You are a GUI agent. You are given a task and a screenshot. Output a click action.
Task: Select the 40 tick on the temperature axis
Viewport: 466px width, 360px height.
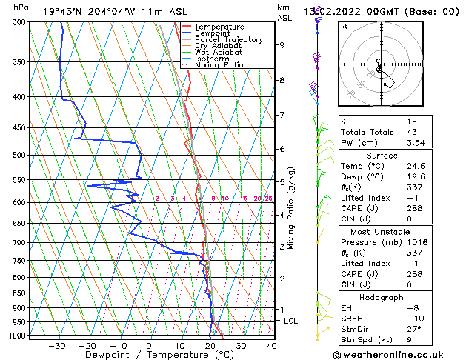pos(271,345)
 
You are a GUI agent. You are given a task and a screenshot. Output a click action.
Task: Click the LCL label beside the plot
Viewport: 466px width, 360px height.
pos(291,321)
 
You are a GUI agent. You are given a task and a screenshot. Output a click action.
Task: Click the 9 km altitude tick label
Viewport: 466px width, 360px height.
pos(282,45)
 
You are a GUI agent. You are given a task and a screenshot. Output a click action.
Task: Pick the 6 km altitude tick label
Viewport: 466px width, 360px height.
pos(282,149)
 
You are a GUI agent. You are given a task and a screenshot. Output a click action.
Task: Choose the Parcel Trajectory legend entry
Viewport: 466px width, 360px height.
pos(229,39)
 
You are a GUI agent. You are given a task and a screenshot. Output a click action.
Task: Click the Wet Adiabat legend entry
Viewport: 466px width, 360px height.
pos(219,52)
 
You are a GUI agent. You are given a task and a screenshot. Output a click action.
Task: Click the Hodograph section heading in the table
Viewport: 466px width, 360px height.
pos(382,297)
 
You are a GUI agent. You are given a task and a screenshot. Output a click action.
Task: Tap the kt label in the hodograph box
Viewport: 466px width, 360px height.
pos(344,27)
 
